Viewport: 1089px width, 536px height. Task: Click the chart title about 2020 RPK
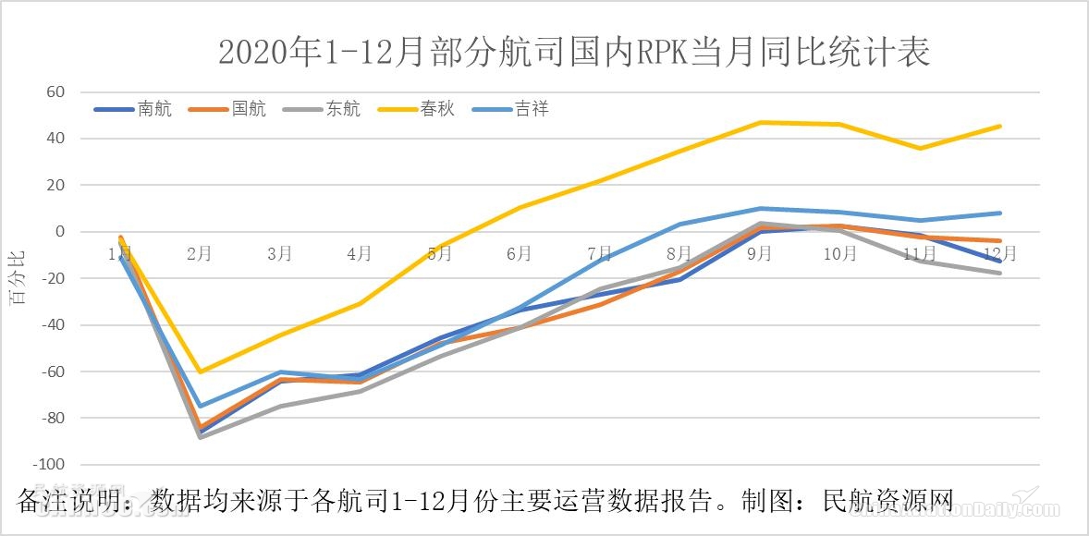point(573,52)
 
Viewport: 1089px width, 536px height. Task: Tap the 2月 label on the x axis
point(200,253)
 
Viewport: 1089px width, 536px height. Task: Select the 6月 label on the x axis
point(520,253)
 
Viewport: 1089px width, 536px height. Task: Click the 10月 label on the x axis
point(839,253)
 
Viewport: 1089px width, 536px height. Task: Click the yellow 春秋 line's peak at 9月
point(760,123)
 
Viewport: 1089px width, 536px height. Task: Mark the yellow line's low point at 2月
point(200,372)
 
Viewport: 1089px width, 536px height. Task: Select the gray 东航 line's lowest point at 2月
point(200,436)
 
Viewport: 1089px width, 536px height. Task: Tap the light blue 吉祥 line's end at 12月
point(999,213)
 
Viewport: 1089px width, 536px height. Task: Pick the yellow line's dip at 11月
point(919,148)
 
